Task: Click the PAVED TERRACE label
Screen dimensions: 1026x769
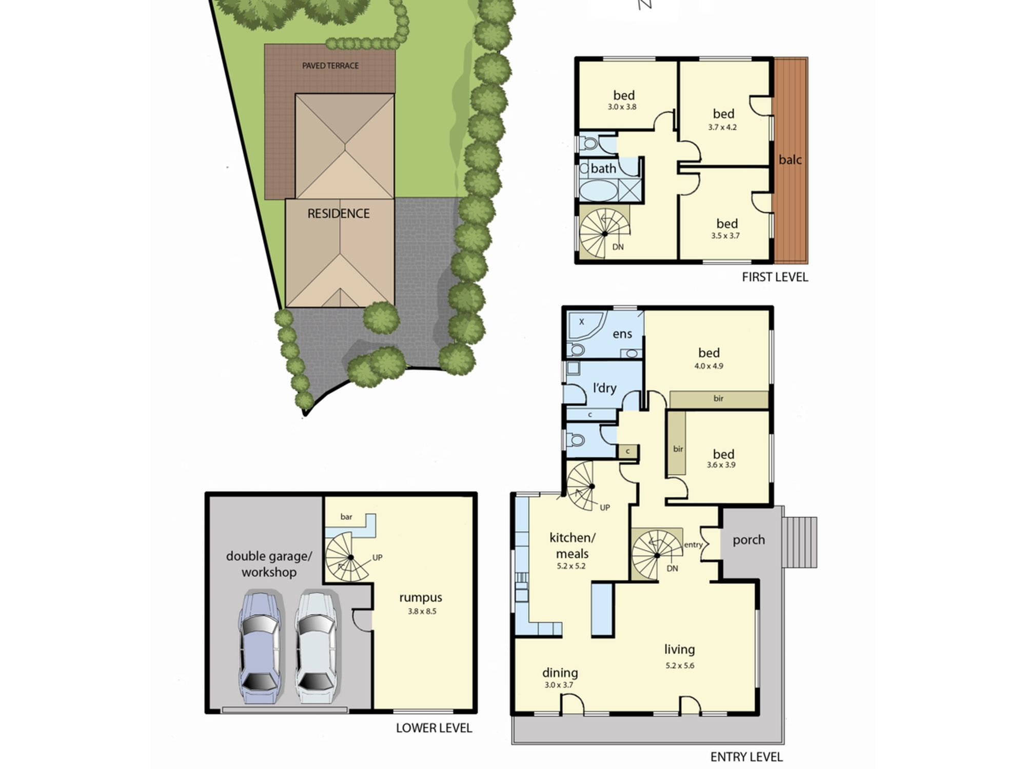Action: [330, 66]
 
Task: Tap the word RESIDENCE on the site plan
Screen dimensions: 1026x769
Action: [339, 214]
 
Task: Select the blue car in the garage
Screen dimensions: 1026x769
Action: [260, 647]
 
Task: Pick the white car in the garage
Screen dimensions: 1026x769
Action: [316, 647]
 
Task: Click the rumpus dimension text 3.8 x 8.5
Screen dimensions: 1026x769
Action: [422, 611]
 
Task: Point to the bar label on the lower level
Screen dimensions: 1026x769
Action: [346, 517]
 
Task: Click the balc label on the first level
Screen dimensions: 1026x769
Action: [790, 160]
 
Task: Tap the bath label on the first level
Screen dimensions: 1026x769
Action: [603, 168]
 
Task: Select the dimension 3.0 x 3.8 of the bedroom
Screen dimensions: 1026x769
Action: [622, 107]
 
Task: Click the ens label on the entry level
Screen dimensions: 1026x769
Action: [622, 334]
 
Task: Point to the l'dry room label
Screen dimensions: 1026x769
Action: [604, 388]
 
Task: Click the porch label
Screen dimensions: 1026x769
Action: [748, 540]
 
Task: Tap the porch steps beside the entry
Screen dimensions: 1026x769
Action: [799, 542]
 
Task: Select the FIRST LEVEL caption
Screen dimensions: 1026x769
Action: [775, 277]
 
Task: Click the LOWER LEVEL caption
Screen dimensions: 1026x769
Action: [434, 728]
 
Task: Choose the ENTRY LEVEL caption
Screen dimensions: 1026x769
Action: [746, 757]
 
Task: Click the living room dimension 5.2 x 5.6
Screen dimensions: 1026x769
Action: [680, 665]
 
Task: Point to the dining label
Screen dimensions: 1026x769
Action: [560, 673]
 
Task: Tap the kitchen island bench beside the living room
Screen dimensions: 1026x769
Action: [603, 610]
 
